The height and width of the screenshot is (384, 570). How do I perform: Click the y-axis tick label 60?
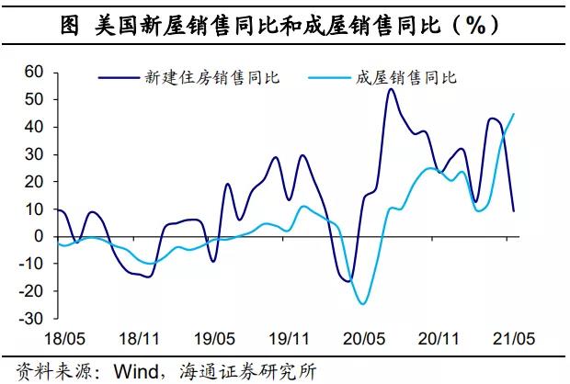coord(34,72)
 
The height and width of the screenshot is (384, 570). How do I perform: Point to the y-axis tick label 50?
coord(34,99)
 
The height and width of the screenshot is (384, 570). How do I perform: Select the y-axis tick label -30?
coord(31,319)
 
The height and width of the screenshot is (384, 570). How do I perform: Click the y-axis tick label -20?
coord(31,291)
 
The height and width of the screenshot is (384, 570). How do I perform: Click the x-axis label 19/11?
coord(291,339)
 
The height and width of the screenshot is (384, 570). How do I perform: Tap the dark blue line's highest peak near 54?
coord(391,89)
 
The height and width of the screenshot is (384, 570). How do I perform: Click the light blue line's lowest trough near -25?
coord(363,304)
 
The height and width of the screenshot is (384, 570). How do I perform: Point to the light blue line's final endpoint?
coord(513,114)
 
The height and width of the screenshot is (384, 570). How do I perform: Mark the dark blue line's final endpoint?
coord(513,211)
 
